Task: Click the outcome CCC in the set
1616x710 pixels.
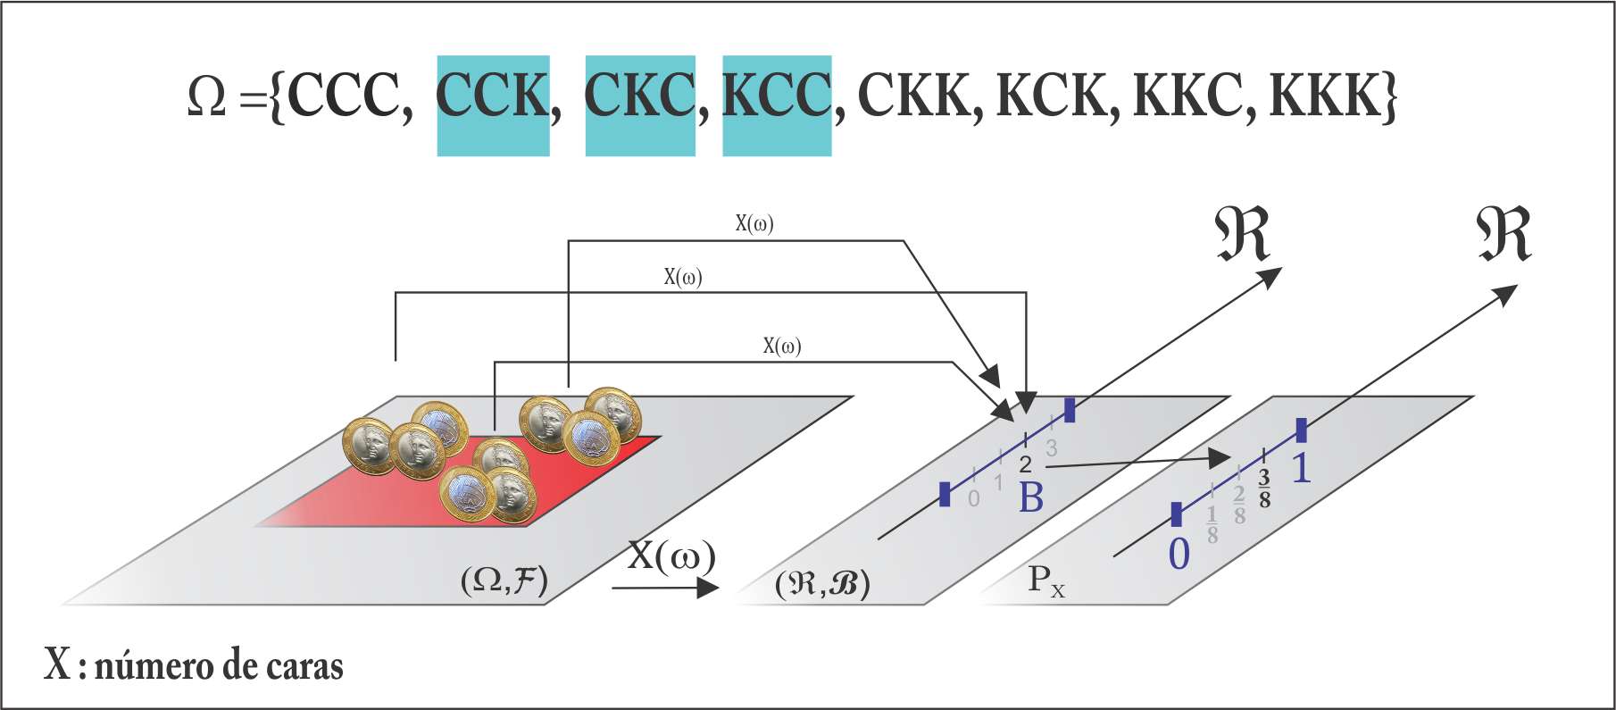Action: [x=344, y=95]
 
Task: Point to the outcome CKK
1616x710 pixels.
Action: [x=914, y=95]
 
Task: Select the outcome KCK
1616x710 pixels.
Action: [x=1052, y=95]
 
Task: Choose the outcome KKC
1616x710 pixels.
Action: [x=1188, y=95]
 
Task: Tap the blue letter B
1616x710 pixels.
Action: [x=1031, y=498]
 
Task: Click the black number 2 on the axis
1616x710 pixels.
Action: [x=1025, y=464]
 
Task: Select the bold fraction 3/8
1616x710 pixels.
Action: [x=1264, y=489]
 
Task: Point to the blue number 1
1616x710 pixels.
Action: [x=1302, y=469]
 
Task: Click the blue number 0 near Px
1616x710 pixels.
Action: [x=1179, y=555]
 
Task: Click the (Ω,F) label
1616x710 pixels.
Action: [x=504, y=581]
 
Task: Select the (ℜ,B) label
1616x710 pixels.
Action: [x=822, y=584]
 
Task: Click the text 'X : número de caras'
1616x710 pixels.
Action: [x=194, y=666]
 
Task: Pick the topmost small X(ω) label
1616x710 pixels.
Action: [x=754, y=223]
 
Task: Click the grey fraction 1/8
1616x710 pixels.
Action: [x=1212, y=525]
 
